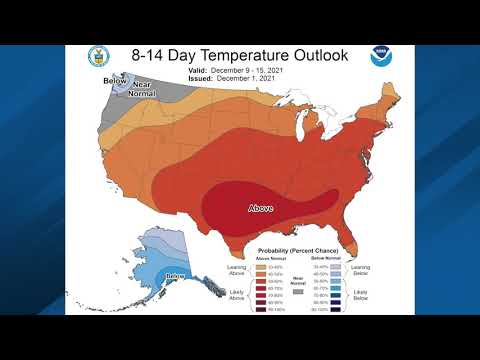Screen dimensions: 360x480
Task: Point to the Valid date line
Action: [x=237, y=73]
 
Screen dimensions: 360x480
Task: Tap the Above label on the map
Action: [x=262, y=208]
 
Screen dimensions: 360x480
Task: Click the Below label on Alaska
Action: [x=175, y=274]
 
